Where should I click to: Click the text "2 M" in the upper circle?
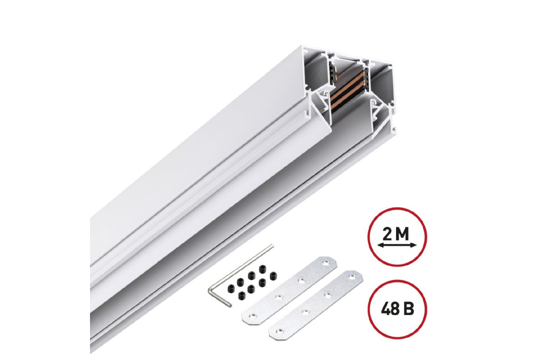click(x=396, y=234)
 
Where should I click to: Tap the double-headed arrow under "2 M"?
click(x=397, y=245)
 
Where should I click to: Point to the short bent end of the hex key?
click(x=218, y=296)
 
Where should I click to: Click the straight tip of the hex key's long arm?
click(x=273, y=245)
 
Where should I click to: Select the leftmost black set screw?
click(x=231, y=287)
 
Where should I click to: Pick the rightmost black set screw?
click(x=273, y=275)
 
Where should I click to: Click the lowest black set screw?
click(x=242, y=295)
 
